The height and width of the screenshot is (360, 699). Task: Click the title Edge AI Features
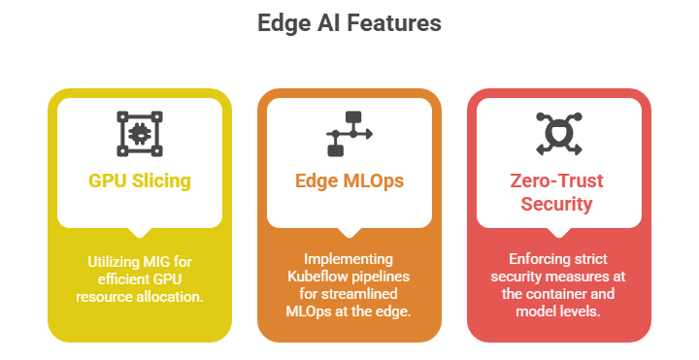click(x=349, y=22)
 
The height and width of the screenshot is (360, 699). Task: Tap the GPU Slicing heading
click(x=140, y=180)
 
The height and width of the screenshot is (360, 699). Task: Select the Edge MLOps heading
click(x=349, y=180)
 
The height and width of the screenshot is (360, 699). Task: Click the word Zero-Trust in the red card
click(x=557, y=180)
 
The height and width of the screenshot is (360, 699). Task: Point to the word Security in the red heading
click(x=557, y=204)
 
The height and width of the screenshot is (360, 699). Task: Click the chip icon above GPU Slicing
click(x=140, y=134)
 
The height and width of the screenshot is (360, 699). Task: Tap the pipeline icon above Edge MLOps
click(x=349, y=134)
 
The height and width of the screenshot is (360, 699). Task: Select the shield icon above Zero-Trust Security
click(x=559, y=134)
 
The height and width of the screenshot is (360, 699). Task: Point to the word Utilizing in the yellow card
click(x=112, y=262)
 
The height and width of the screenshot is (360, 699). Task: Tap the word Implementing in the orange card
click(x=349, y=259)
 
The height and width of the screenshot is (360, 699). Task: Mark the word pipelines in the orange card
click(x=379, y=277)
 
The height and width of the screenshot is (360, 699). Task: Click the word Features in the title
click(x=394, y=22)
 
